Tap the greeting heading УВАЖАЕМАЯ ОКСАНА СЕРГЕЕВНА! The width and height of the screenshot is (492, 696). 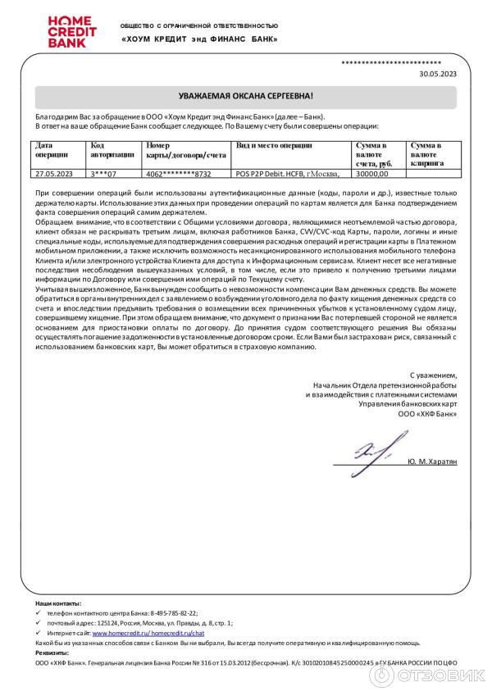[246, 97]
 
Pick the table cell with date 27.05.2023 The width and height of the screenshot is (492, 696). [54, 174]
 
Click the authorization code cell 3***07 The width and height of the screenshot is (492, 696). [104, 174]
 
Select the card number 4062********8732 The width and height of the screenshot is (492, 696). [178, 174]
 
